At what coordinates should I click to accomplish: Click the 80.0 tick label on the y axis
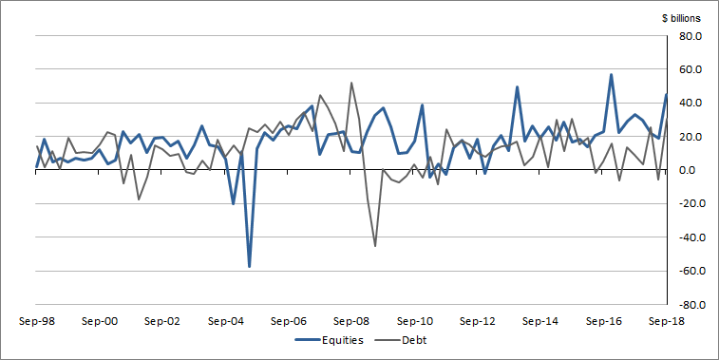pos(689,36)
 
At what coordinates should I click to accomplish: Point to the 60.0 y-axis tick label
pos(689,69)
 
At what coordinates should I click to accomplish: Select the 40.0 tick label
pos(689,104)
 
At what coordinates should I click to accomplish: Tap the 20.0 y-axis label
pos(689,137)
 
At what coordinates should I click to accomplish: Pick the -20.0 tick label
pos(687,204)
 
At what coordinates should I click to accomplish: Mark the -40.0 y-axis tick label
pos(687,237)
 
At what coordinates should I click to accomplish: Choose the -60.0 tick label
pos(687,272)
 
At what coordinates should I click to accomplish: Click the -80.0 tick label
pos(687,305)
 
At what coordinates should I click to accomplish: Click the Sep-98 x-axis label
pos(36,321)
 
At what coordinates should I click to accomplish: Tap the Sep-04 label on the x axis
pos(228,321)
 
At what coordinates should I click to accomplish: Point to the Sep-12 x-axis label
pos(484,321)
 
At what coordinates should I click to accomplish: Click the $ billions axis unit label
pos(681,17)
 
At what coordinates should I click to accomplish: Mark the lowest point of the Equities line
pos(250,267)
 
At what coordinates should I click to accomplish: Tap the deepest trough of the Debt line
pos(375,246)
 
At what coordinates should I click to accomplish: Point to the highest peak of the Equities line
pos(612,75)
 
